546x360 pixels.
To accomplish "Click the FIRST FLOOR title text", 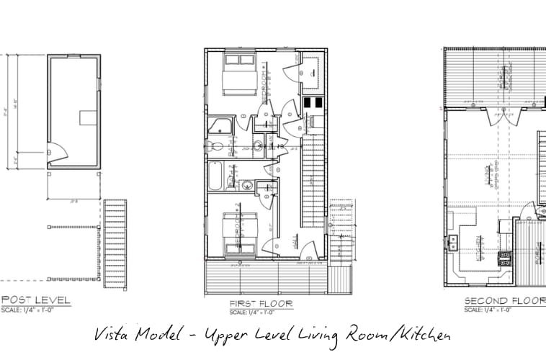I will pyautogui.click(x=261, y=304).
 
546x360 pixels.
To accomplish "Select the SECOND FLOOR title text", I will pyautogui.click(x=504, y=300).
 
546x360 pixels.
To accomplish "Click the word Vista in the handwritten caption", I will pyautogui.click(x=115, y=336).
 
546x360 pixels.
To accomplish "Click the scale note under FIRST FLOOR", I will pyautogui.click(x=251, y=312).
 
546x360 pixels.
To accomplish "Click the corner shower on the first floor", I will pyautogui.click(x=218, y=127).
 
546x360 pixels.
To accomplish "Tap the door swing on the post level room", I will pyautogui.click(x=55, y=153).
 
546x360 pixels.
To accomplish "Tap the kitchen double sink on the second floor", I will pyautogui.click(x=454, y=242).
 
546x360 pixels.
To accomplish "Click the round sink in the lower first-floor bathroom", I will pyautogui.click(x=246, y=186).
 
